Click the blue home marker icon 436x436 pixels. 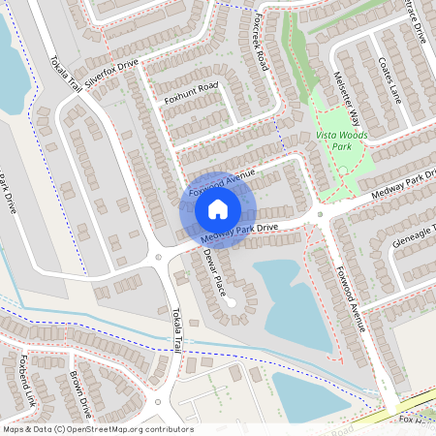pos(217,209)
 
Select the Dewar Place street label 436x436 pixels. pos(214,272)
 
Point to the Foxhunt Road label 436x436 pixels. pos(191,94)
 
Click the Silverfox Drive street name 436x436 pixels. pos(111,75)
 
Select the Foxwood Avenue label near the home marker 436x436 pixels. pos(222,179)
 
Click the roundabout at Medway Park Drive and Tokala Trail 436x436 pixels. pos(158,258)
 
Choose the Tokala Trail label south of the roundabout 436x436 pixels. pos(177,328)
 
